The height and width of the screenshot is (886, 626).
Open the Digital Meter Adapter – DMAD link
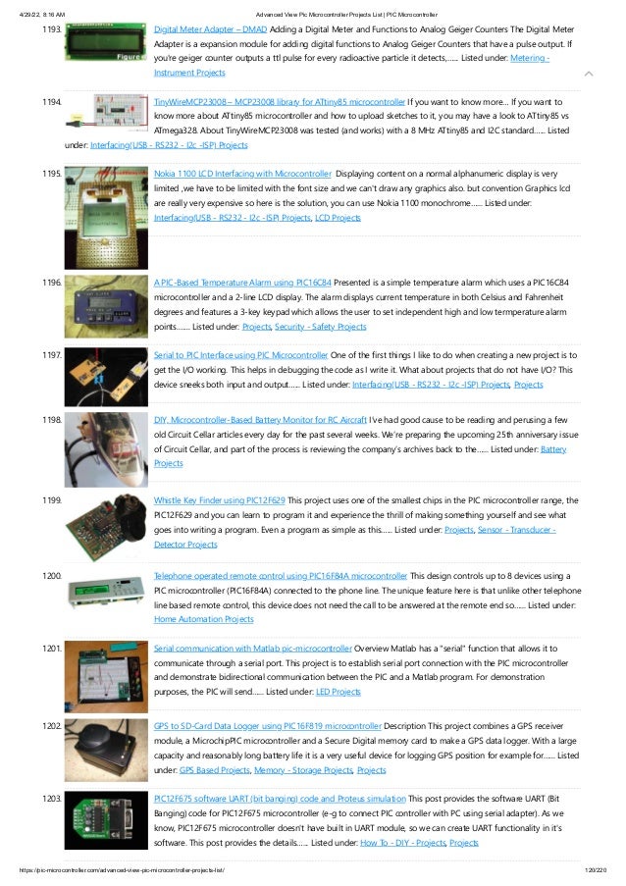(x=211, y=30)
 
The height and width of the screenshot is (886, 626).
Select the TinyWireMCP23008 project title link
(x=279, y=102)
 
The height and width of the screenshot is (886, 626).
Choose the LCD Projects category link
(x=338, y=217)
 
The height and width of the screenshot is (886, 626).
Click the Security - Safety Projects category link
(x=321, y=326)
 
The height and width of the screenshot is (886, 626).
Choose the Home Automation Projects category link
(x=204, y=619)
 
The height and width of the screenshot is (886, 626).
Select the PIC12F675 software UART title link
(x=280, y=799)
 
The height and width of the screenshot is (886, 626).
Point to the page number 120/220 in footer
(x=596, y=870)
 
